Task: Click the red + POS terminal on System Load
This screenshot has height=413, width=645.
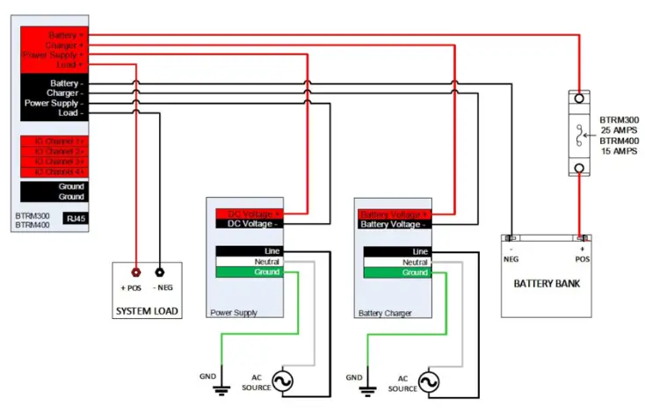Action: [x=136, y=272]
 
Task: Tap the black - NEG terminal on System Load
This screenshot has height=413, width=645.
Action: [x=159, y=272]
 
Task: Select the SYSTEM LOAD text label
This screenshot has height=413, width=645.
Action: [x=148, y=312]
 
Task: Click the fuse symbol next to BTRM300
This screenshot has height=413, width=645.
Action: [x=580, y=134]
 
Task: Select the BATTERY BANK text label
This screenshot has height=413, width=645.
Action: [x=547, y=284]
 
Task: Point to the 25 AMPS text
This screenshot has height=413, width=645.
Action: [x=619, y=129]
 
